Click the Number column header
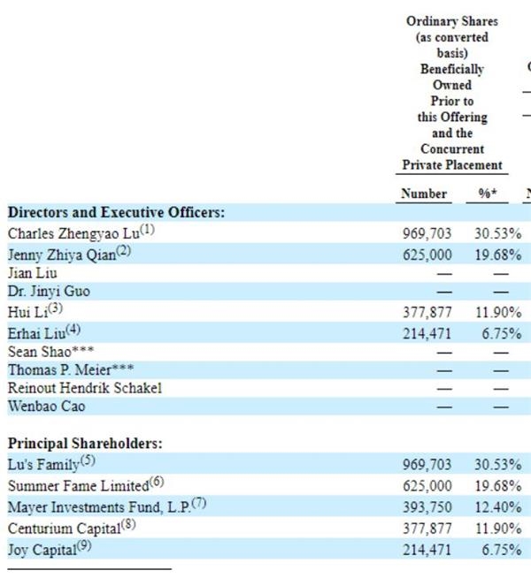tap(424, 194)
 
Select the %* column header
tap(488, 194)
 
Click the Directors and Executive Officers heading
tap(116, 212)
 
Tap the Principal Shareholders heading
tap(85, 443)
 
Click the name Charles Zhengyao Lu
tap(73, 233)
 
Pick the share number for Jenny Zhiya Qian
tap(427, 255)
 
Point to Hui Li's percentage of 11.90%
tap(498, 313)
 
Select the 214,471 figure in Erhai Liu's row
tap(427, 333)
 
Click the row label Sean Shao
tap(40, 352)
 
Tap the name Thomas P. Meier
tap(60, 369)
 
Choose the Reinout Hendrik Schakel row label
tap(85, 388)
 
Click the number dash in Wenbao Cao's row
tap(444, 407)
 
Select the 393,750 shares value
tap(427, 507)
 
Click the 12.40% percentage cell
tap(498, 507)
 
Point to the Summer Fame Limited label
tap(78, 486)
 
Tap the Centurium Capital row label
tap(65, 529)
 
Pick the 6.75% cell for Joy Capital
tap(502, 550)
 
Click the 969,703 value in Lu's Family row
tap(427, 465)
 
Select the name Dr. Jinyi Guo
tap(49, 292)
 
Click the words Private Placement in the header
tap(452, 164)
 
